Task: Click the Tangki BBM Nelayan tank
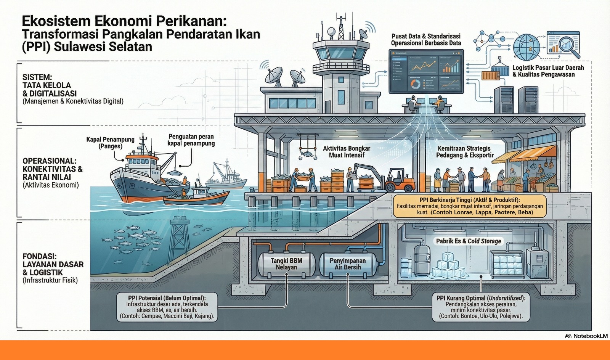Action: click(x=286, y=264)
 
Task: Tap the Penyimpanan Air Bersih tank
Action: click(x=347, y=264)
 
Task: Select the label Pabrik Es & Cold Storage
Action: click(x=469, y=241)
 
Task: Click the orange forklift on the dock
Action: click(x=398, y=181)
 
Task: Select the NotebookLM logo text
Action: click(x=587, y=336)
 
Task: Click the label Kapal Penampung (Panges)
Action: click(x=110, y=143)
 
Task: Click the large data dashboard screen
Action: click(x=426, y=72)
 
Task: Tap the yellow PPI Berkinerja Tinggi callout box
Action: click(x=469, y=206)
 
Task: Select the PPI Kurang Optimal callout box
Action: click(x=480, y=307)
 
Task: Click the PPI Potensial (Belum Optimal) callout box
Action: click(x=167, y=307)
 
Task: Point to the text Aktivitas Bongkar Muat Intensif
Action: click(x=347, y=151)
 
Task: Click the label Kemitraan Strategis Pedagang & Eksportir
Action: click(x=465, y=151)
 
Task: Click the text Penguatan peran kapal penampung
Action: click(x=191, y=140)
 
